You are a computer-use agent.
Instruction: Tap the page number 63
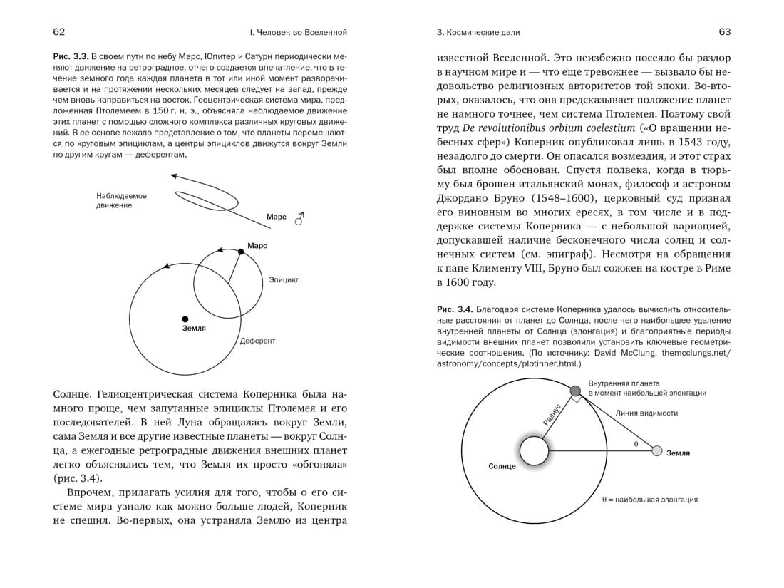[x=725, y=32]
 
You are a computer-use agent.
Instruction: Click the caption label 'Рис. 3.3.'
[x=71, y=56]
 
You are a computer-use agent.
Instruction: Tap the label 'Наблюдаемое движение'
[x=121, y=200]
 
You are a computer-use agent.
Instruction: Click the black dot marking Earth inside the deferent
[x=185, y=319]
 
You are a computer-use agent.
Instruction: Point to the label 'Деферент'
[x=257, y=341]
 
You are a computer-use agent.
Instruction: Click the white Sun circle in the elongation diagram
[x=534, y=451]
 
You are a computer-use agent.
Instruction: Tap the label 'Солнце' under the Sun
[x=502, y=466]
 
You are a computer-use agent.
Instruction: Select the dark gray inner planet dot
[x=576, y=390]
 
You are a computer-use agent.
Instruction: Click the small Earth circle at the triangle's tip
[x=657, y=451]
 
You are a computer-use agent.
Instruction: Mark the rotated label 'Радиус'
[x=552, y=415]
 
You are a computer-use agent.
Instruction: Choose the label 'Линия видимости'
[x=646, y=413]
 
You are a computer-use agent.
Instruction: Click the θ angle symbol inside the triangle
[x=636, y=443]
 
